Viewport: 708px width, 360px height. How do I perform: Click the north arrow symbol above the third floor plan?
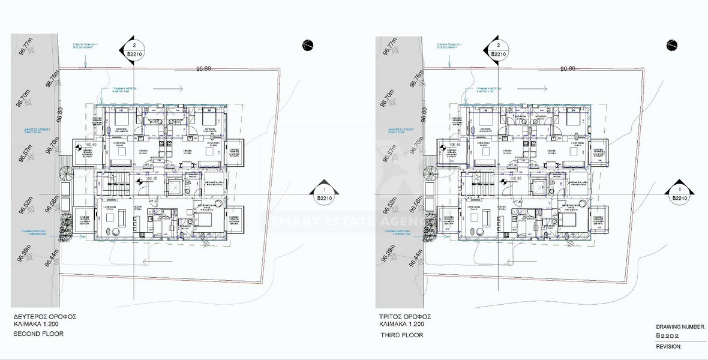point(671,44)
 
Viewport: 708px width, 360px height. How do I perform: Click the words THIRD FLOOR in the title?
point(401,335)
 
